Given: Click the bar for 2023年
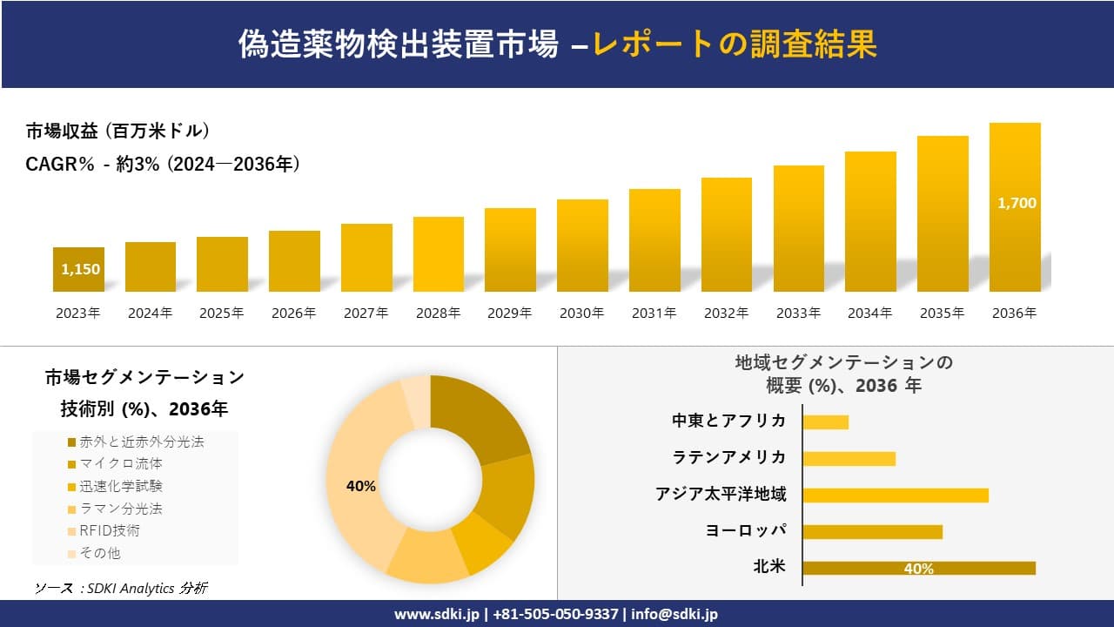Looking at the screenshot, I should pos(78,270).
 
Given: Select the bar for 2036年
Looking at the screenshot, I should pos(1015,207).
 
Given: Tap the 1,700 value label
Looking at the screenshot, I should pos(1017,203).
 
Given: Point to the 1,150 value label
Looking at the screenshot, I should pos(80,269).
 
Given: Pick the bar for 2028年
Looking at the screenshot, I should pos(438,254).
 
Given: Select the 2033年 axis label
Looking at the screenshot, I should pos(798,313).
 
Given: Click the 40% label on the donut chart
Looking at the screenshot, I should pos(360,486).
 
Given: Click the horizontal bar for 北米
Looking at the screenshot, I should pos(918,569).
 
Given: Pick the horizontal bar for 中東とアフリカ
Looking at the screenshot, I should pos(825,422).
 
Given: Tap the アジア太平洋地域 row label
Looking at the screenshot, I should pos(721,495).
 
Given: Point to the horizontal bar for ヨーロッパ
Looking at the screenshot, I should pos(872,532).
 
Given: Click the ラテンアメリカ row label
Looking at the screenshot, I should pos(729,457).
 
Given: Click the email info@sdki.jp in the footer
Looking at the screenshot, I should pos(674,614).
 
